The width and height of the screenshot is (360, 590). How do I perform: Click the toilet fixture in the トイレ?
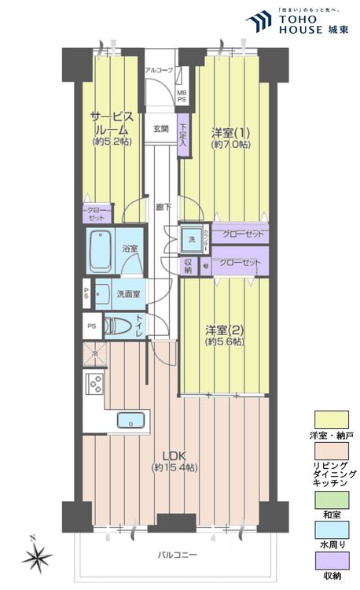pyautogui.click(x=118, y=325)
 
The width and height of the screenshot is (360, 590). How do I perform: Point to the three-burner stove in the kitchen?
pyautogui.click(x=94, y=384)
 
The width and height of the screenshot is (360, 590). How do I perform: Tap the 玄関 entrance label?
pyautogui.click(x=160, y=129)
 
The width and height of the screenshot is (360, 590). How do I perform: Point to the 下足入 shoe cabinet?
pyautogui.click(x=182, y=136)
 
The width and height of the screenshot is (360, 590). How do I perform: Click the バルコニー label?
pyautogui.click(x=174, y=555)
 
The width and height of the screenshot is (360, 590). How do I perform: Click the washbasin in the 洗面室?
pyautogui.click(x=101, y=293)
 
